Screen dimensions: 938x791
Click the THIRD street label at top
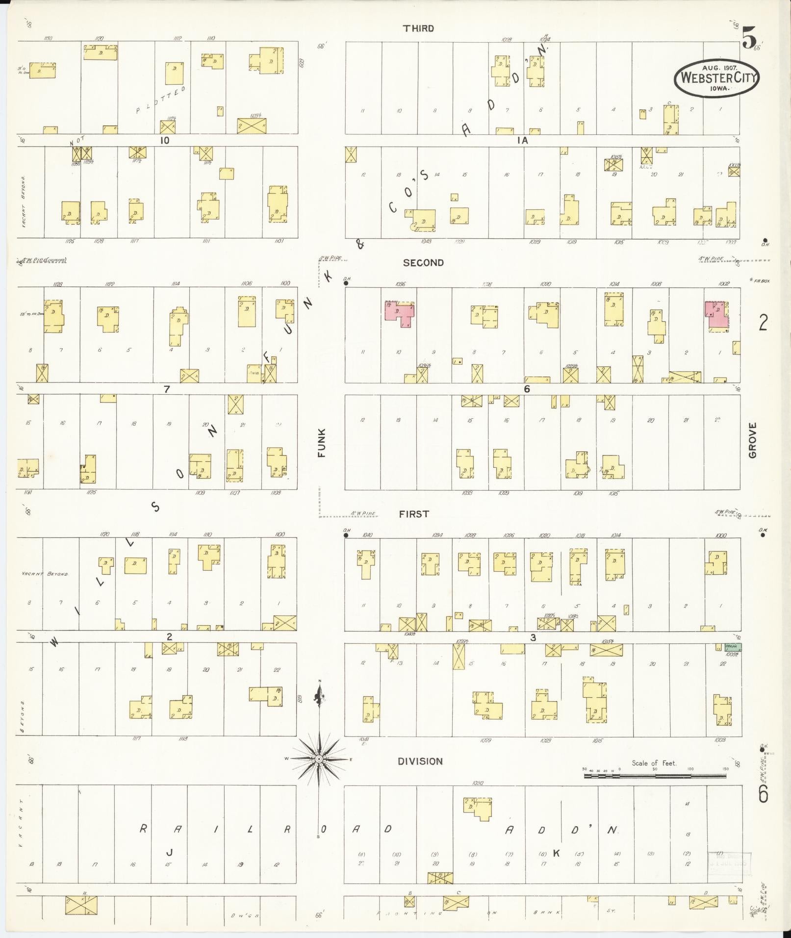tap(418, 28)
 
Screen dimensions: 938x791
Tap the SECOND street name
tap(423, 263)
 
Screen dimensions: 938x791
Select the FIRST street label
tap(414, 514)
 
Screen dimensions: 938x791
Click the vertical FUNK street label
tap(322, 443)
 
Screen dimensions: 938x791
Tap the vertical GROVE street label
tap(753, 440)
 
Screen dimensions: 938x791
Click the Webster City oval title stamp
tap(716, 77)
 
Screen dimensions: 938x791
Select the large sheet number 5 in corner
tap(749, 38)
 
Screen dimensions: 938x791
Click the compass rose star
tap(319, 773)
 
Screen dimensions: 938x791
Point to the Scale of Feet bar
tap(655, 776)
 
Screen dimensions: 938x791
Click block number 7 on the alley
tap(167, 389)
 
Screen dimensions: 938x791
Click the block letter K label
tap(556, 853)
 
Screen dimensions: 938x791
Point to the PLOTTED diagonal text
tap(161, 100)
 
